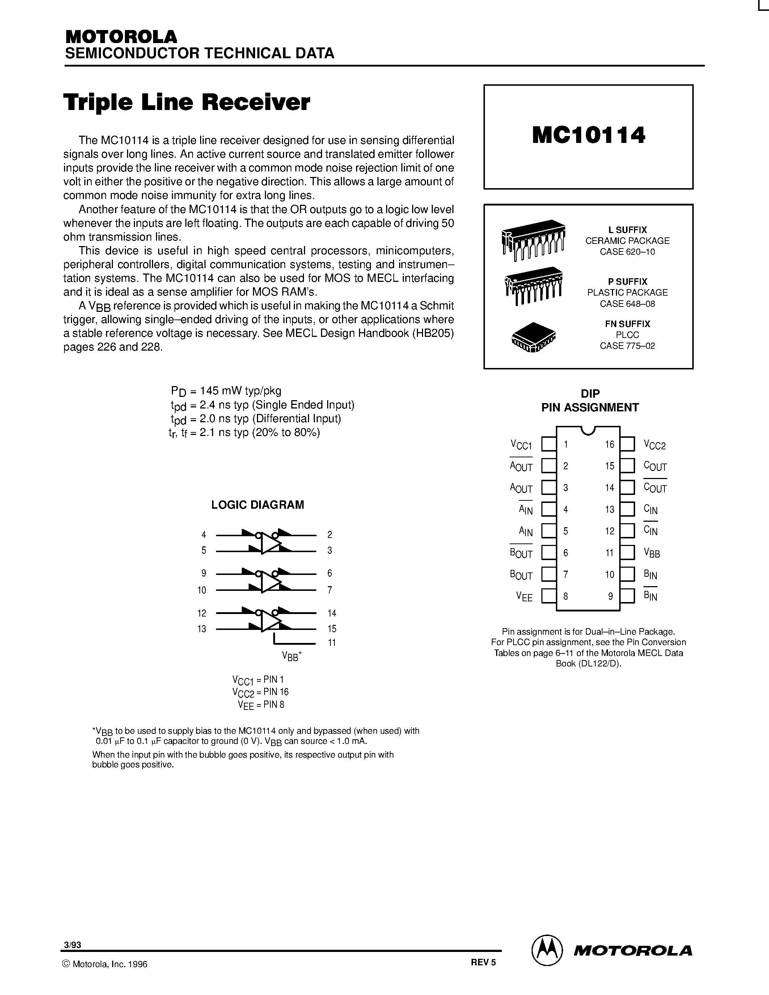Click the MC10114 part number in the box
(x=588, y=135)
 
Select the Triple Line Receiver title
(x=187, y=102)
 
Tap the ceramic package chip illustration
(x=533, y=240)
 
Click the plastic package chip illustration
(x=533, y=285)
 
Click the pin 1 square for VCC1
(x=549, y=444)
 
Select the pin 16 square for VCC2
(x=627, y=444)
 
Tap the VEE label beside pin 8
(x=524, y=596)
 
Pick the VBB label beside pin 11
(x=651, y=553)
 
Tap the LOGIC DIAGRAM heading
(x=257, y=505)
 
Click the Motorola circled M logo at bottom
(x=547, y=949)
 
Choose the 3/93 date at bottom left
(x=73, y=945)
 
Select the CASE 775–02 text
(x=627, y=346)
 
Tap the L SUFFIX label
(x=627, y=230)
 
